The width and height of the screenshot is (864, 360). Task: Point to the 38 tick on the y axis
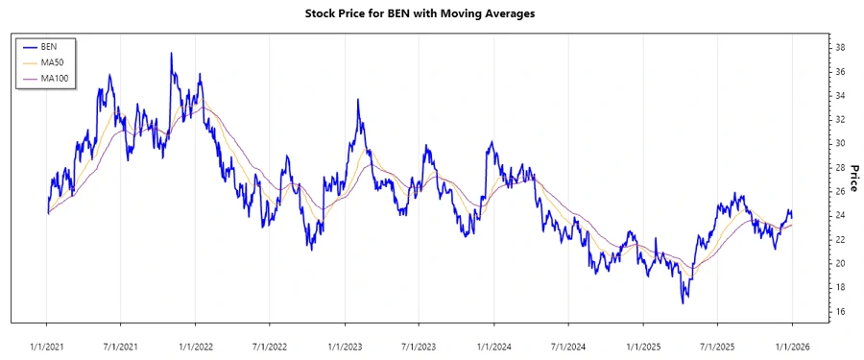[838, 47]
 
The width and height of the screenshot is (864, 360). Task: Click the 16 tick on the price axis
[838, 312]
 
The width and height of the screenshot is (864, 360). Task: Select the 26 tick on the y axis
[838, 191]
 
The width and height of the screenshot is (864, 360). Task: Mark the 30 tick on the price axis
[838, 143]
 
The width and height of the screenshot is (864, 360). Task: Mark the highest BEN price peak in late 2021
[171, 54]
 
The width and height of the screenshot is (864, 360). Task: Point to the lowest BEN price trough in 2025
[684, 303]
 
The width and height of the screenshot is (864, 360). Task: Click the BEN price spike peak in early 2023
[358, 99]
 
